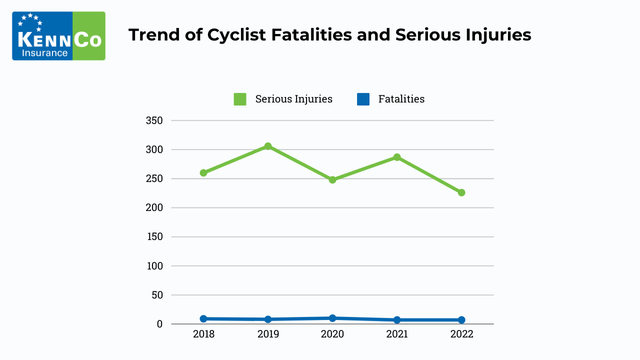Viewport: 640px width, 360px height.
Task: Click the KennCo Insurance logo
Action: (x=58, y=36)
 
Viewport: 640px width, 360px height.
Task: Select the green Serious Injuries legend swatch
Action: (x=240, y=99)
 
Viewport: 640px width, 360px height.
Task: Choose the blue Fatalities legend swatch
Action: (x=363, y=99)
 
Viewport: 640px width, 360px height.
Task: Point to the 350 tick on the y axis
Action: (x=154, y=121)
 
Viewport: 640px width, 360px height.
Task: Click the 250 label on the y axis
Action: (x=154, y=179)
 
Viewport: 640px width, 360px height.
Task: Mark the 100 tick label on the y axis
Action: (x=154, y=266)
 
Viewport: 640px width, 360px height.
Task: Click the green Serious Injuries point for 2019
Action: (x=268, y=146)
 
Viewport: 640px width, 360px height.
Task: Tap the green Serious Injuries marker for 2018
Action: (x=203, y=173)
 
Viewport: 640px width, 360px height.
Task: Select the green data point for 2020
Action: (x=332, y=180)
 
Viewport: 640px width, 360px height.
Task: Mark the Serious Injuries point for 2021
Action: (x=397, y=157)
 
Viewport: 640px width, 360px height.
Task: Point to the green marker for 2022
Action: (x=461, y=193)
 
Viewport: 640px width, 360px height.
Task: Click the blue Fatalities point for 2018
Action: (x=203, y=319)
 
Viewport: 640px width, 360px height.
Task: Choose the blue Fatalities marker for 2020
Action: (x=332, y=318)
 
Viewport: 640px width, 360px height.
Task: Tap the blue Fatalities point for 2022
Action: (x=461, y=320)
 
